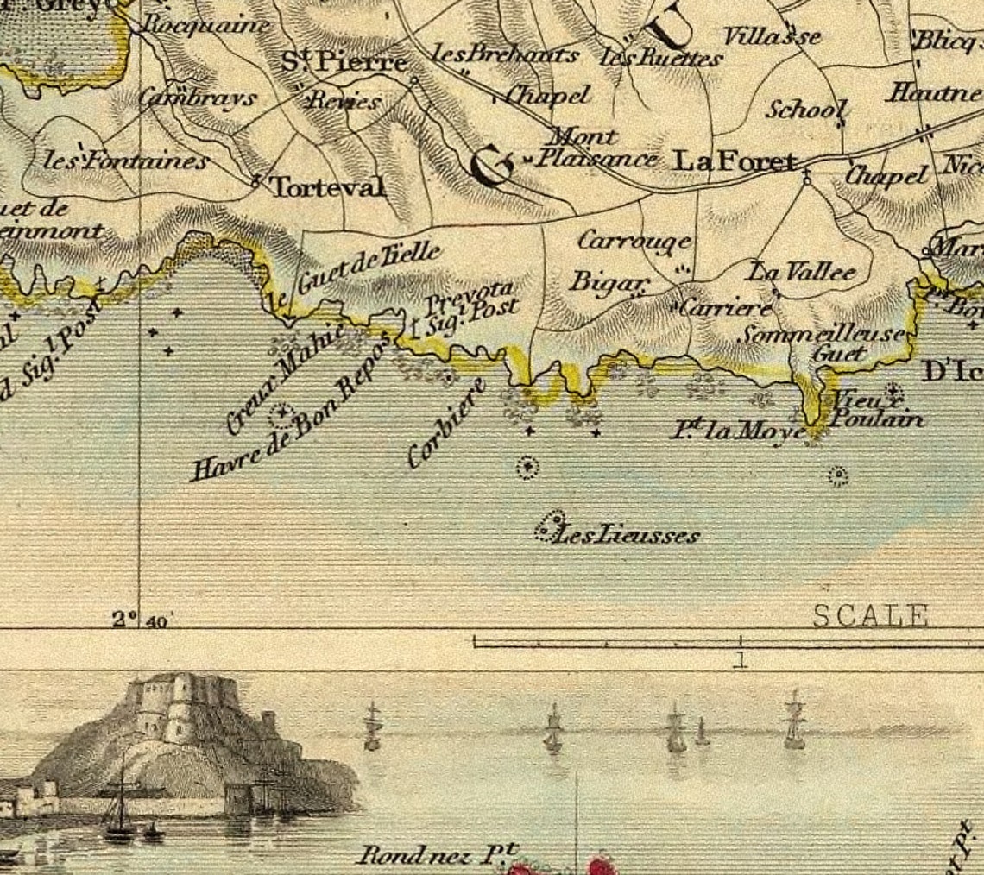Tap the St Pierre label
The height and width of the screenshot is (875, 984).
pos(344,61)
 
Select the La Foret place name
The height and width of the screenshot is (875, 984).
pos(734,161)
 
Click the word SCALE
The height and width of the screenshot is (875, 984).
pos(870,616)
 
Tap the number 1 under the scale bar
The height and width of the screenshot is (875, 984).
pos(740,661)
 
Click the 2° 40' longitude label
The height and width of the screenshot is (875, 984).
pos(142,620)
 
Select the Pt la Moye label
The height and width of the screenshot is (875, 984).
pos(738,429)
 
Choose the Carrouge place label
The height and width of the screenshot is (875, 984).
pos(634,241)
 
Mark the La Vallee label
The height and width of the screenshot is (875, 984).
pos(802,273)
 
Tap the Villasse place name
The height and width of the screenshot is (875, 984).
pos(771,36)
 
